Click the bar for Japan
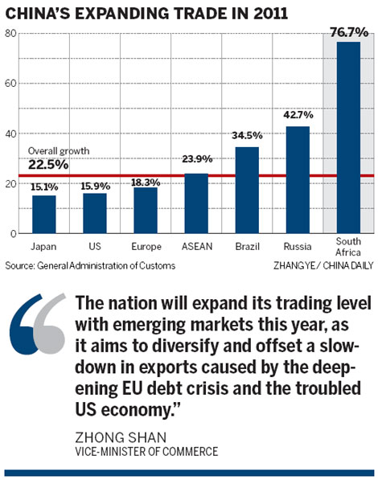43,214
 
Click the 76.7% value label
348,33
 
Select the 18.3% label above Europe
146,183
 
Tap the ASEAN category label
196,247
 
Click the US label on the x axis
95,247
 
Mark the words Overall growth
58,151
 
